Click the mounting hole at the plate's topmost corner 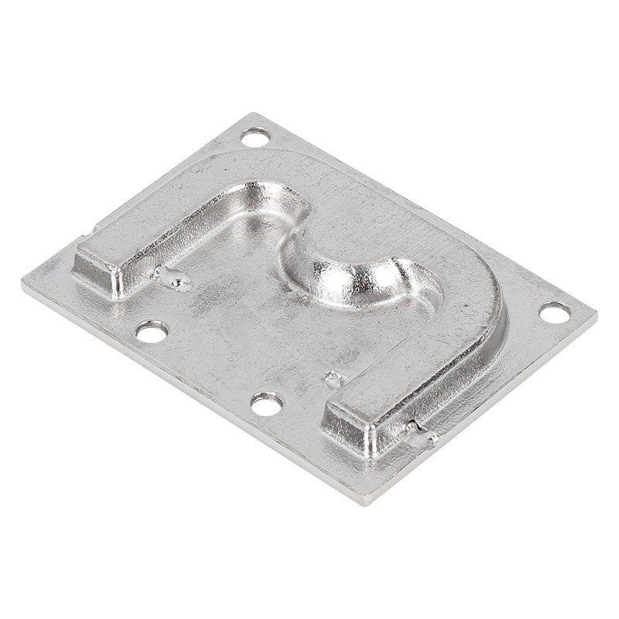(x=255, y=137)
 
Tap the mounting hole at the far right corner (x=554, y=313)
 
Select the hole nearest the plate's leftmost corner (x=152, y=332)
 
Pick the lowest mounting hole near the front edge (x=266, y=403)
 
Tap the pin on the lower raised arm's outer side (x=422, y=436)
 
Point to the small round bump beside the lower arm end (x=332, y=379)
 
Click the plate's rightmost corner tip (x=594, y=313)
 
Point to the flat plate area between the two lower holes (x=209, y=364)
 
